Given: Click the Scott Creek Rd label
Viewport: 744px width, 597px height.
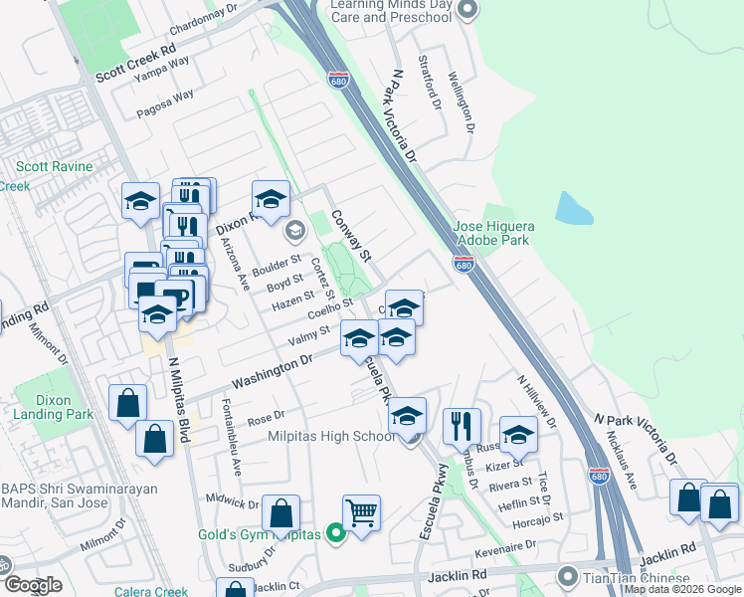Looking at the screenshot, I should (x=135, y=62).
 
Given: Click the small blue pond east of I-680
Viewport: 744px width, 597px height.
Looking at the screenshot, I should (x=575, y=207).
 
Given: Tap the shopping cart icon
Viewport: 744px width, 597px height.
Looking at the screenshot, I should (x=361, y=513).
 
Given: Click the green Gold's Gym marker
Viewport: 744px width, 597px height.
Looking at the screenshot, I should (x=336, y=534).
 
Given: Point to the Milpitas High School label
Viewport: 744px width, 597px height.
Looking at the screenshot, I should (x=332, y=437).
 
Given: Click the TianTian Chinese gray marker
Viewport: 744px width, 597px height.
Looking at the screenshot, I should (x=568, y=577).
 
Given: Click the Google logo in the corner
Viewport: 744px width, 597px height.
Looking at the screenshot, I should (x=33, y=585).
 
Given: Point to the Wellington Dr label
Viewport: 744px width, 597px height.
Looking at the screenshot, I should (x=463, y=98).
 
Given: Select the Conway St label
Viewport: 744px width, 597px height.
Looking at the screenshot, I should (x=350, y=235).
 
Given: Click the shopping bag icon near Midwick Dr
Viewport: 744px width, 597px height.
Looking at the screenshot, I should (x=281, y=513).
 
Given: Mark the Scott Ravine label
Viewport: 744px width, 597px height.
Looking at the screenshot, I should (x=55, y=167).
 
